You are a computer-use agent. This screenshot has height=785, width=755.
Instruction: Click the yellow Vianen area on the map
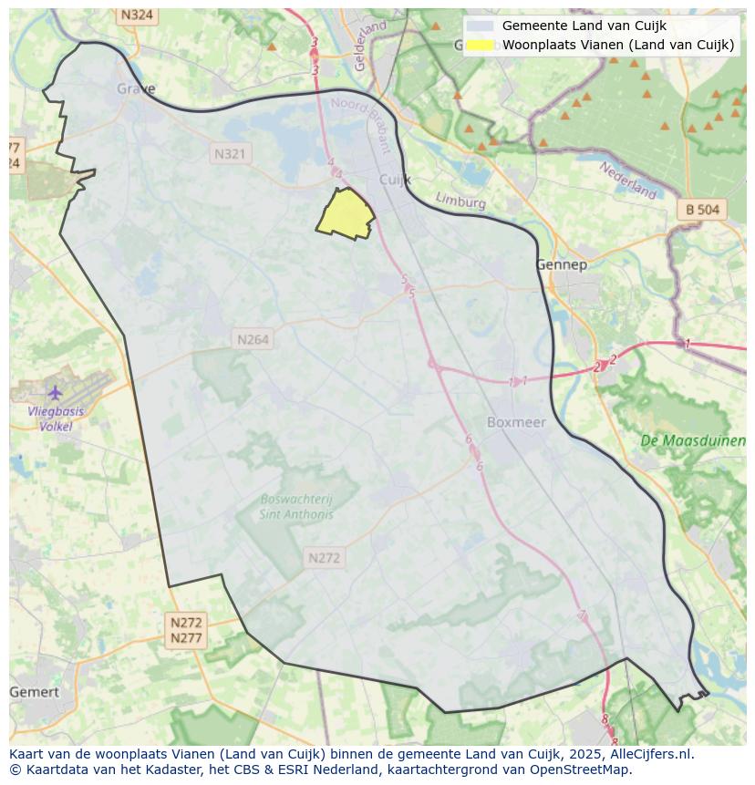click(x=345, y=215)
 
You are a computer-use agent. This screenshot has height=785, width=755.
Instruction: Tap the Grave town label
click(x=136, y=89)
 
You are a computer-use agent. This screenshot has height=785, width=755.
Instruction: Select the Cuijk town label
click(x=396, y=180)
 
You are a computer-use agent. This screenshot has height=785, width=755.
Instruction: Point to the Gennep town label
click(x=561, y=264)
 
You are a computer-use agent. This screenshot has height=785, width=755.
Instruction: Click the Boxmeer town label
click(x=516, y=422)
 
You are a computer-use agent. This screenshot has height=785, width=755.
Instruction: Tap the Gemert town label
click(x=34, y=692)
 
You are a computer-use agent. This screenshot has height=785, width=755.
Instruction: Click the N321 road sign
click(x=230, y=154)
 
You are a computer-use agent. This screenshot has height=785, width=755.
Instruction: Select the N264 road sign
click(x=253, y=339)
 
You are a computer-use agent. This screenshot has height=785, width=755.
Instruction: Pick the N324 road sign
click(x=137, y=15)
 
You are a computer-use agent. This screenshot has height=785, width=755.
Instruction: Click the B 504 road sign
click(x=702, y=210)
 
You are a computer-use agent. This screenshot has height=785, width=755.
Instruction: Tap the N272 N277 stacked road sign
click(x=186, y=630)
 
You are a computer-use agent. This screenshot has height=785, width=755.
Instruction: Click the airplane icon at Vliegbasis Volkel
click(x=56, y=393)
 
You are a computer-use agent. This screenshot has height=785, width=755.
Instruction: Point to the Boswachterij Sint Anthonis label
click(x=296, y=507)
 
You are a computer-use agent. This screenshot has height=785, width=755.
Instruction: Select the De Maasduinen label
click(x=693, y=440)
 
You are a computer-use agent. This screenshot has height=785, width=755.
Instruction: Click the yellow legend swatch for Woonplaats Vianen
click(x=480, y=45)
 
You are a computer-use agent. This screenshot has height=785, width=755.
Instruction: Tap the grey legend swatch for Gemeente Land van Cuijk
click(x=480, y=26)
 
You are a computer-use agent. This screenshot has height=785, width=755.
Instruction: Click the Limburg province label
click(x=460, y=201)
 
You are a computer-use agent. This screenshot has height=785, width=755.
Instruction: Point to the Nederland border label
click(x=628, y=180)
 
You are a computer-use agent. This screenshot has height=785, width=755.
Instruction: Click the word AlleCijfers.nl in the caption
click(x=649, y=754)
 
